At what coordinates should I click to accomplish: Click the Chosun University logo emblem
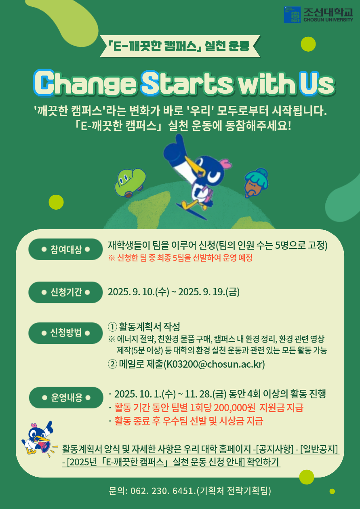[x=292, y=15]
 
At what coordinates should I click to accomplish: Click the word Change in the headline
[x=85, y=83]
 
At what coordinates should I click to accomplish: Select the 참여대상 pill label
[x=66, y=249]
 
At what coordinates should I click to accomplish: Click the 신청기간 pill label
[x=66, y=292]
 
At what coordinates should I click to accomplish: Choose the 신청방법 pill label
[x=66, y=333]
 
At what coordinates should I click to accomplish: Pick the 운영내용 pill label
[x=66, y=398]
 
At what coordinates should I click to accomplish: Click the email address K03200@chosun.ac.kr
[x=215, y=364]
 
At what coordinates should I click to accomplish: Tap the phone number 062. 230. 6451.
[x=163, y=491]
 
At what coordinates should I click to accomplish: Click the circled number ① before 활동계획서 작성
[x=112, y=327]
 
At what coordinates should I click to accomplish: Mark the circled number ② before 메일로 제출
[x=112, y=364]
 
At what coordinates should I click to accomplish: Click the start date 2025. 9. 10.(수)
[x=139, y=292]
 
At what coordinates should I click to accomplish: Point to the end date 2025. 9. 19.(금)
[x=209, y=292]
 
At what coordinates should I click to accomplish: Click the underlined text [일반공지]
[x=319, y=449]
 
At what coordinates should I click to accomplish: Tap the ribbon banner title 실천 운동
[x=227, y=46]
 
